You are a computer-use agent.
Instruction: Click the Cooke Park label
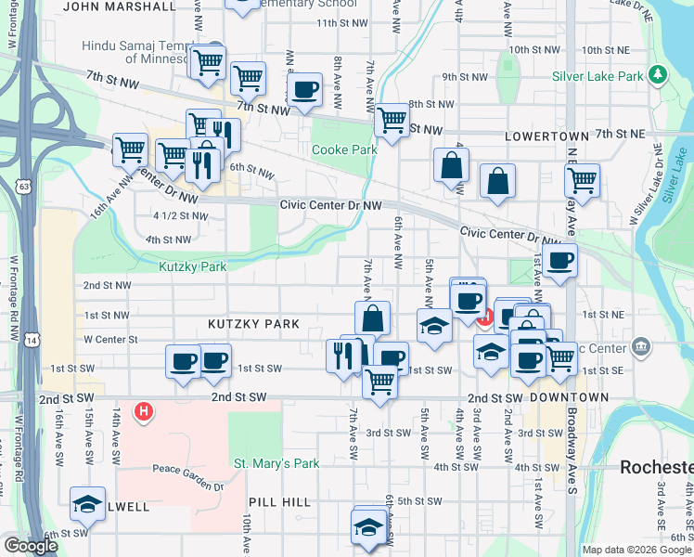click(x=344, y=149)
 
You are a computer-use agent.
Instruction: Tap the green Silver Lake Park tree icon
click(x=657, y=73)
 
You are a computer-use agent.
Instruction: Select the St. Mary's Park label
click(x=276, y=463)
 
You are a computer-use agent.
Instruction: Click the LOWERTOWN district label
click(x=546, y=136)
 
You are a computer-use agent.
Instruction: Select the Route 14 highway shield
click(x=32, y=340)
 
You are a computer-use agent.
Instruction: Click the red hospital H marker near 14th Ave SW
click(x=144, y=409)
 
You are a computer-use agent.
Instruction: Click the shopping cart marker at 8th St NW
click(x=392, y=119)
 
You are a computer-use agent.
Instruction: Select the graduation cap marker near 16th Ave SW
click(x=87, y=503)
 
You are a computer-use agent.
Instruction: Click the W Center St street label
click(x=110, y=340)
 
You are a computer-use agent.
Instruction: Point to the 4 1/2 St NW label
click(x=180, y=215)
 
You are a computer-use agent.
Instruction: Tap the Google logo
click(x=31, y=546)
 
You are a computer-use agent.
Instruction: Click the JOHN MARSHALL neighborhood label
click(x=121, y=6)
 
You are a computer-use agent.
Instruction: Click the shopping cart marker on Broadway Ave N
click(x=582, y=180)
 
